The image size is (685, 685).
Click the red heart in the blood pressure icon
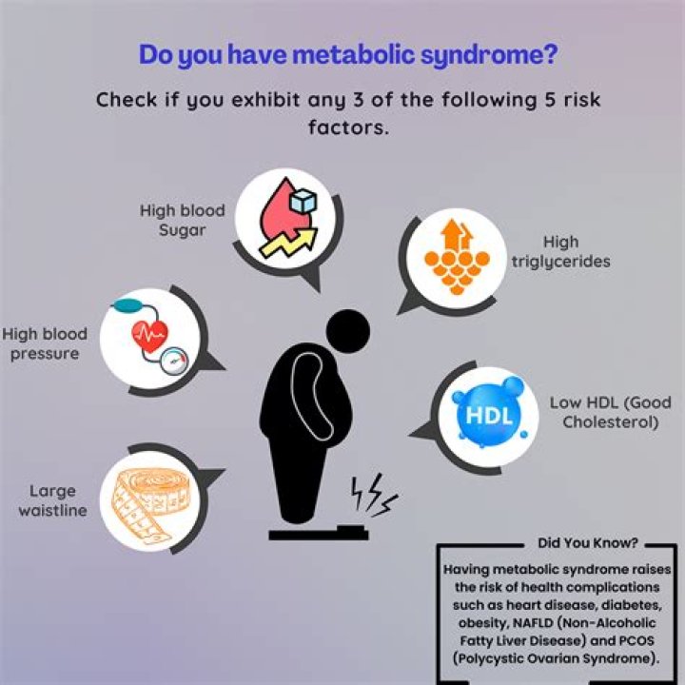(x=153, y=334)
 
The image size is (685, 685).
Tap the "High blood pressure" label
(x=45, y=344)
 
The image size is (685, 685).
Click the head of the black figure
(x=347, y=331)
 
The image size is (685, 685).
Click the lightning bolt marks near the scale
(x=372, y=494)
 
